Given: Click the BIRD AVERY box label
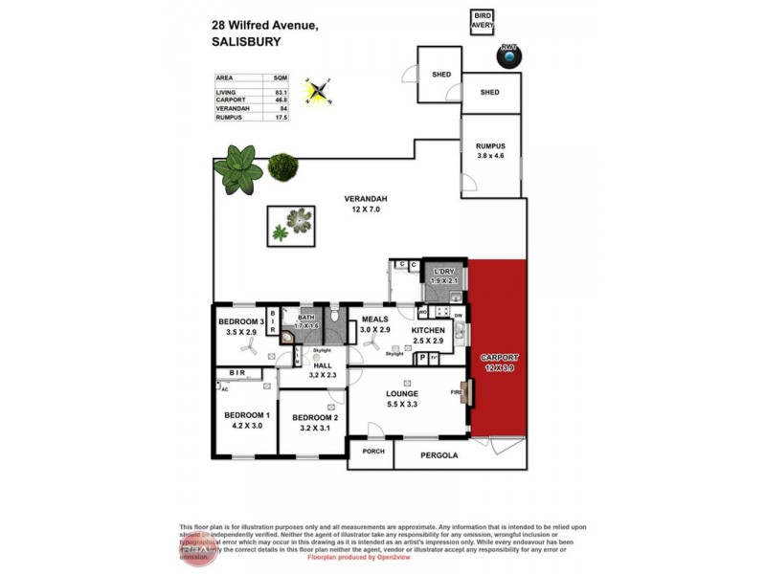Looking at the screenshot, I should tap(482, 21).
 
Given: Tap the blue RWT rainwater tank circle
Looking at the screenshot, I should tap(509, 57).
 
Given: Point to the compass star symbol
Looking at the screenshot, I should tap(316, 91).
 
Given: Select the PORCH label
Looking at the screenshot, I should tap(372, 453).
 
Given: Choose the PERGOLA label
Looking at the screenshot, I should tap(439, 454).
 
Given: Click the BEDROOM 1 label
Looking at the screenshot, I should tap(246, 419).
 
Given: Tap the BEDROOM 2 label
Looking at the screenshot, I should tap(314, 422).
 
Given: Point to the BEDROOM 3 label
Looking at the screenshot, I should tap(239, 326).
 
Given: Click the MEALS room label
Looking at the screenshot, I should tap(374, 323).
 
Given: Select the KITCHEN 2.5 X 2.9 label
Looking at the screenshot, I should tap(429, 335).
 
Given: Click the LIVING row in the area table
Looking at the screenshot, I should tap(252, 92).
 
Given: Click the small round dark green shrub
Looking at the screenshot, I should tap(282, 167).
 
